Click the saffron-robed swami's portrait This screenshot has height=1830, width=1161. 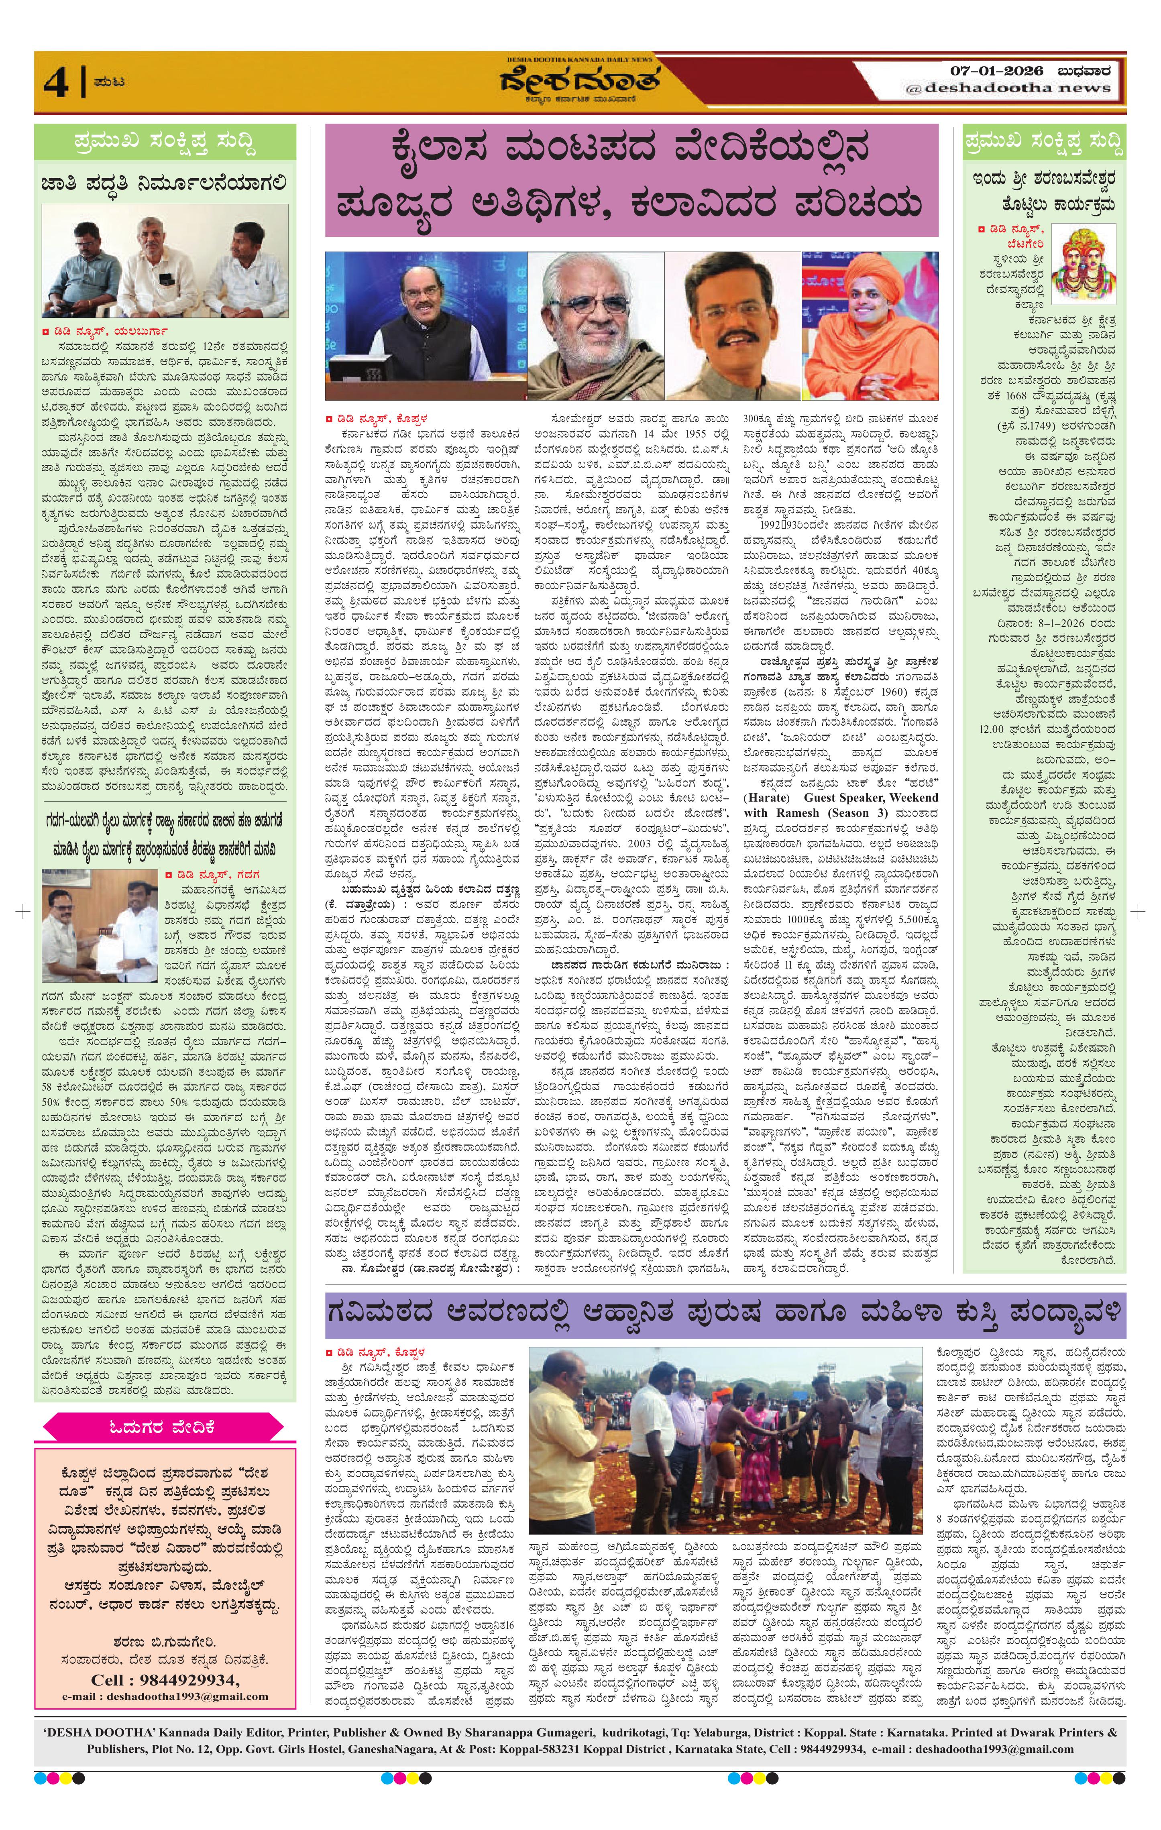[x=870, y=325]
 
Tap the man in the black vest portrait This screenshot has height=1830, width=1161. [x=426, y=325]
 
